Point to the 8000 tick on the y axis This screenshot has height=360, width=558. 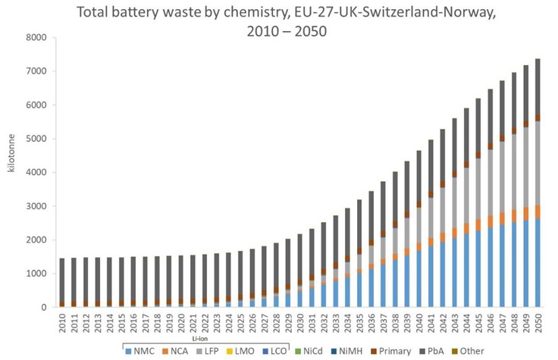[x=36, y=38]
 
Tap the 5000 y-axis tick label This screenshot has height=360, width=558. [x=36, y=139]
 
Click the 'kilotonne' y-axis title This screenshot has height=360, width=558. [x=11, y=153]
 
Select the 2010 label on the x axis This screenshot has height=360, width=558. [x=62, y=322]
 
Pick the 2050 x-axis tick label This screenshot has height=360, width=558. [x=538, y=322]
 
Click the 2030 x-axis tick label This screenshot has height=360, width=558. [x=300, y=322]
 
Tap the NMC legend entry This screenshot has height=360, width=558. [x=140, y=352]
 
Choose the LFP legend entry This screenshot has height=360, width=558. [x=208, y=352]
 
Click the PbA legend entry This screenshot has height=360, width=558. [x=432, y=352]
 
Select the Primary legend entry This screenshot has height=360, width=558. [x=390, y=352]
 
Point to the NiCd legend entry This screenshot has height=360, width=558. [x=309, y=352]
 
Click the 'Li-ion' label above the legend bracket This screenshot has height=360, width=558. [x=199, y=339]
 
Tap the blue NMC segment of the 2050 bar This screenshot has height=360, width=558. [x=538, y=263]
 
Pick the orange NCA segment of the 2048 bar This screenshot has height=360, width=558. [x=514, y=216]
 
